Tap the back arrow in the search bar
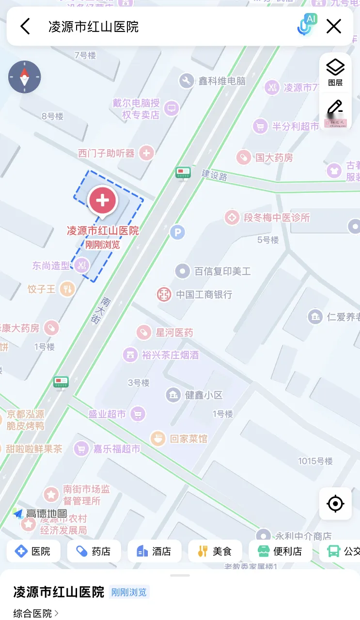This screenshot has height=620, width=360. [x=25, y=26]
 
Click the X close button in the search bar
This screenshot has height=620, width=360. [x=334, y=26]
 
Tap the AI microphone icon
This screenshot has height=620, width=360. [x=306, y=25]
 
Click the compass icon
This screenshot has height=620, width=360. [x=25, y=77]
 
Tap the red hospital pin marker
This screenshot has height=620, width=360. [x=103, y=200]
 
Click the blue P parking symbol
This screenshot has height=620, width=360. [x=177, y=232]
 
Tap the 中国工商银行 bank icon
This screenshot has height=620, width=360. [x=164, y=294]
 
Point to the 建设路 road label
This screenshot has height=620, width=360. [x=215, y=175]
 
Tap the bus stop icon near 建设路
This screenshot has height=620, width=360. [x=183, y=172]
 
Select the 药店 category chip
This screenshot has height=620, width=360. [x=94, y=551]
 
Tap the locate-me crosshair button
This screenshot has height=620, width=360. [x=335, y=504]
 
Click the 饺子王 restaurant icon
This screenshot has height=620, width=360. [x=67, y=289]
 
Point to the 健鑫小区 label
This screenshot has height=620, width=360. [x=203, y=395]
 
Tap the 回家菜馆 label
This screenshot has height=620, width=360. [x=188, y=439]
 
